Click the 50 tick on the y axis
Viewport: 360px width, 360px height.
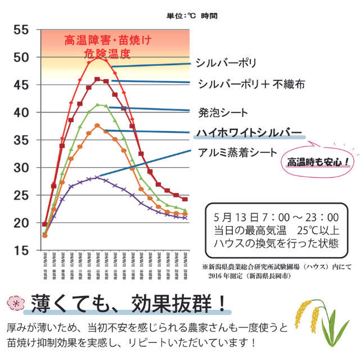(21, 57)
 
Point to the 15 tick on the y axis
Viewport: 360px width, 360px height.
(21, 251)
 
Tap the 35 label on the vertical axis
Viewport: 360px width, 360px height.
(21, 140)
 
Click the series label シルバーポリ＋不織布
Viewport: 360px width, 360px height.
(251, 84)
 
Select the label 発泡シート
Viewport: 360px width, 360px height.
(223, 112)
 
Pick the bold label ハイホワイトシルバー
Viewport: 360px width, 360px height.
(249, 133)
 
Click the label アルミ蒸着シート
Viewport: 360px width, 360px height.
(237, 152)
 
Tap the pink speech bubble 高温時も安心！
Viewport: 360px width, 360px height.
(318, 162)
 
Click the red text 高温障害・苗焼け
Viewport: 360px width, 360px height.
(108, 40)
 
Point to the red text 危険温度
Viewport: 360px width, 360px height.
(107, 54)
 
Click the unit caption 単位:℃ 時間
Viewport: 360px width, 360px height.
(192, 16)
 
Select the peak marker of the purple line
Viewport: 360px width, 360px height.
(97, 177)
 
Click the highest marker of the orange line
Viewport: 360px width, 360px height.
(97, 125)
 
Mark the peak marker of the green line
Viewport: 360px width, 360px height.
(97, 105)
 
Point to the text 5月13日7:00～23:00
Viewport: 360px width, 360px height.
(276, 217)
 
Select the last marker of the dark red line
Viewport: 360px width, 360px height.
(185, 199)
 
